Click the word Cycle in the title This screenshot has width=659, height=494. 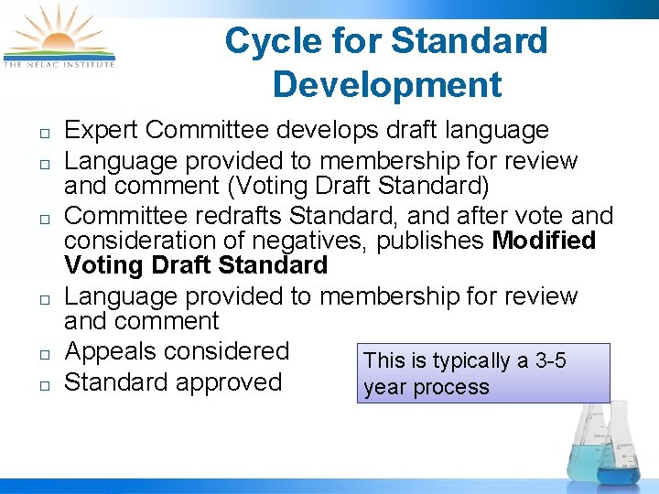pyautogui.click(x=265, y=41)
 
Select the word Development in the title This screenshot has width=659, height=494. pyautogui.click(x=387, y=85)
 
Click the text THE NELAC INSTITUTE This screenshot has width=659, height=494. pyautogui.click(x=59, y=64)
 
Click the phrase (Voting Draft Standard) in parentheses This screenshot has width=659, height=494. pyautogui.click(x=361, y=186)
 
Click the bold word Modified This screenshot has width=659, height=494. pyautogui.click(x=544, y=242)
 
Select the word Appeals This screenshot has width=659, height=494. pyautogui.click(x=113, y=352)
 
